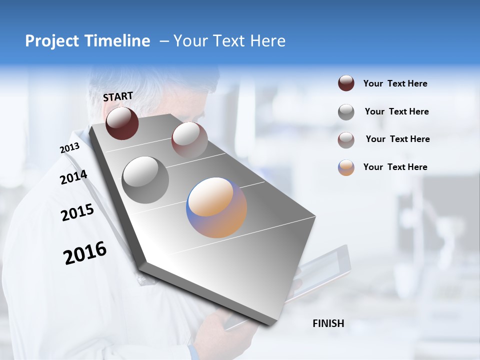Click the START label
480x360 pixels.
pyautogui.click(x=118, y=96)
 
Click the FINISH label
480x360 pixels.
pyautogui.click(x=328, y=323)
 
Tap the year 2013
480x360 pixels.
pyautogui.click(x=69, y=148)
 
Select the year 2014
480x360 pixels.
pyautogui.click(x=73, y=177)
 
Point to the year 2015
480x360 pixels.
pyautogui.click(x=77, y=213)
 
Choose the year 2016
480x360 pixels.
pyautogui.click(x=85, y=253)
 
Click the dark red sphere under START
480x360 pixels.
pyautogui.click(x=122, y=123)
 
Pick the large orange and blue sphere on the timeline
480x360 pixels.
pyautogui.click(x=216, y=207)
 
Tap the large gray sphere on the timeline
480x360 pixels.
pyautogui.click(x=145, y=179)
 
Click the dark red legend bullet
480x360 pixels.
pyautogui.click(x=346, y=83)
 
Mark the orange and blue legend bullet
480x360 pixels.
pyautogui.click(x=346, y=167)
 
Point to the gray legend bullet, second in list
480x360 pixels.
pyautogui.click(x=346, y=112)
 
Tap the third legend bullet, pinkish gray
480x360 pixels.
pyautogui.click(x=346, y=140)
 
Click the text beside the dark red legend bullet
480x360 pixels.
pyautogui.click(x=395, y=83)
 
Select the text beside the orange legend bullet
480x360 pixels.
pyautogui.click(x=395, y=167)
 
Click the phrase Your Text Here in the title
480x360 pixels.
pyautogui.click(x=229, y=41)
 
